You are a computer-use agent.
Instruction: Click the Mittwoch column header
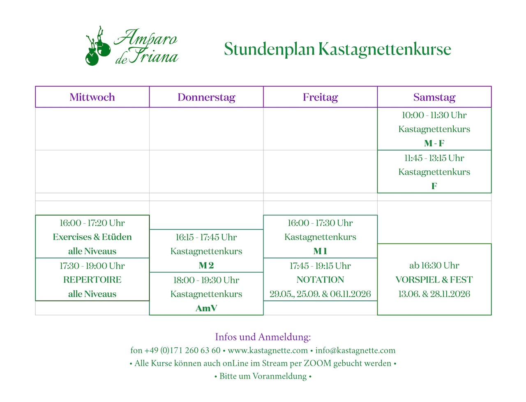92,97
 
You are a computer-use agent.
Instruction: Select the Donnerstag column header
206,97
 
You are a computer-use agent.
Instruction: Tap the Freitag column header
320,97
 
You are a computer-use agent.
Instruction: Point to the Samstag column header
434,97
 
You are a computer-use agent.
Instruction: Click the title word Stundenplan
269,49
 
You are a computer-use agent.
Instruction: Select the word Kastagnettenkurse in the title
385,49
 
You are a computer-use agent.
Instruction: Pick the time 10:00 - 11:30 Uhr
434,115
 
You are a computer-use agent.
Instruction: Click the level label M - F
434,143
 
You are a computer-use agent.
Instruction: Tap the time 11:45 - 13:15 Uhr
434,158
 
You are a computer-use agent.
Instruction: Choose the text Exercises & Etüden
92,237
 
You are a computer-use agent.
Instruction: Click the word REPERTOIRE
92,280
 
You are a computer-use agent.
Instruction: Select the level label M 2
206,265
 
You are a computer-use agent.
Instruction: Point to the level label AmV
206,308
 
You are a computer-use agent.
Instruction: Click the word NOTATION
320,280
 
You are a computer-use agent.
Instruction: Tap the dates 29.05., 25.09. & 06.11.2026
320,294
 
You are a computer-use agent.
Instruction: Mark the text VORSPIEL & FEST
434,280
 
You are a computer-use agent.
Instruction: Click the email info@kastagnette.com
355,350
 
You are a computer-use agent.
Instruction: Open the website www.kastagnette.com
268,350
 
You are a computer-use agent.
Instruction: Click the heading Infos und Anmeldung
263,337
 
